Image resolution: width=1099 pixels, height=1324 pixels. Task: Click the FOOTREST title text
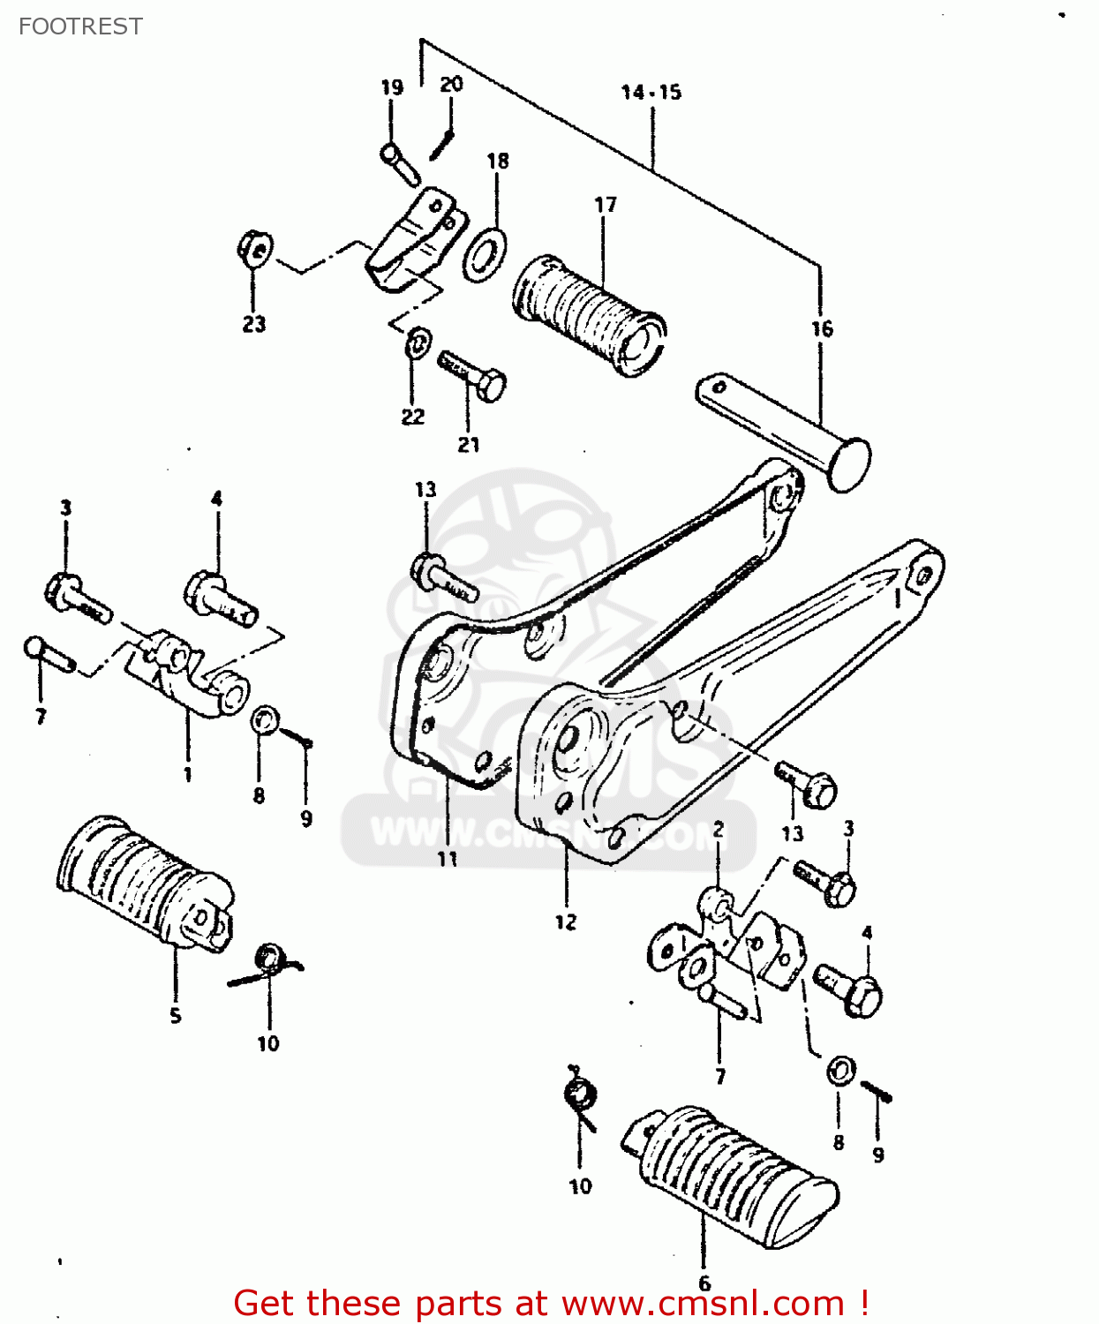pyautogui.click(x=80, y=26)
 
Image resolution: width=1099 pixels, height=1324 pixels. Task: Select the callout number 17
pyautogui.click(x=605, y=205)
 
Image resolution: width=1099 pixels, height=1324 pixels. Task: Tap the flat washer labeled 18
pyautogui.click(x=485, y=254)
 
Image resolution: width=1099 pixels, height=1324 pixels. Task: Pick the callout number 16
pyautogui.click(x=822, y=329)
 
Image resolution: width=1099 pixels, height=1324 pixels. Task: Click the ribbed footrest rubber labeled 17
pyautogui.click(x=590, y=315)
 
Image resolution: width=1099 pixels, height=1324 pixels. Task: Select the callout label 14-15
pyautogui.click(x=651, y=92)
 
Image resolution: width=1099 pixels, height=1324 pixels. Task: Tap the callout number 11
pyautogui.click(x=448, y=858)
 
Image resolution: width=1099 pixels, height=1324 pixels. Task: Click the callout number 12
pyautogui.click(x=566, y=922)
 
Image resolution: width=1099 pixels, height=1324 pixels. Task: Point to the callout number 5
pyautogui.click(x=176, y=1016)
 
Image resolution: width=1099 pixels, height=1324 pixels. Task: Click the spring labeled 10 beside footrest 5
pyautogui.click(x=269, y=962)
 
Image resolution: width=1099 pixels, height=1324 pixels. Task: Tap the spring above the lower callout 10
pyautogui.click(x=580, y=1097)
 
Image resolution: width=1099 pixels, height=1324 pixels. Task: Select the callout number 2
pyautogui.click(x=719, y=830)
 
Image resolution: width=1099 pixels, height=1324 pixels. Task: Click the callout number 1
pyautogui.click(x=187, y=775)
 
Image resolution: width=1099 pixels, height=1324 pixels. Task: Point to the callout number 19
pyautogui.click(x=392, y=87)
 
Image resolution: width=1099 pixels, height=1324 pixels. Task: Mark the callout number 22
pyautogui.click(x=413, y=417)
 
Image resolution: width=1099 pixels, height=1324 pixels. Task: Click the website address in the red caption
pyautogui.click(x=703, y=1303)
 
